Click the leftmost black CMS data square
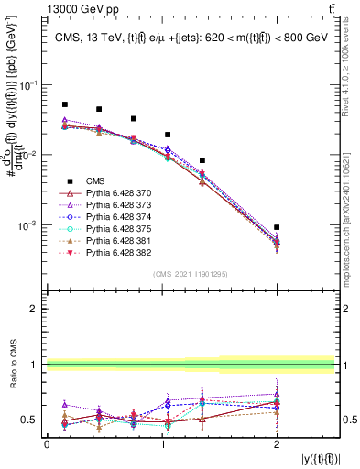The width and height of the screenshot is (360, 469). click(x=64, y=104)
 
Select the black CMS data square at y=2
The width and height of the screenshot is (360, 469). click(x=277, y=227)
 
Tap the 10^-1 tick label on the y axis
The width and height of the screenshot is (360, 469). click(x=29, y=85)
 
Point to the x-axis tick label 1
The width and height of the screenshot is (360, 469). click(x=161, y=444)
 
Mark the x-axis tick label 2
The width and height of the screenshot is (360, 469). click(x=277, y=444)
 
